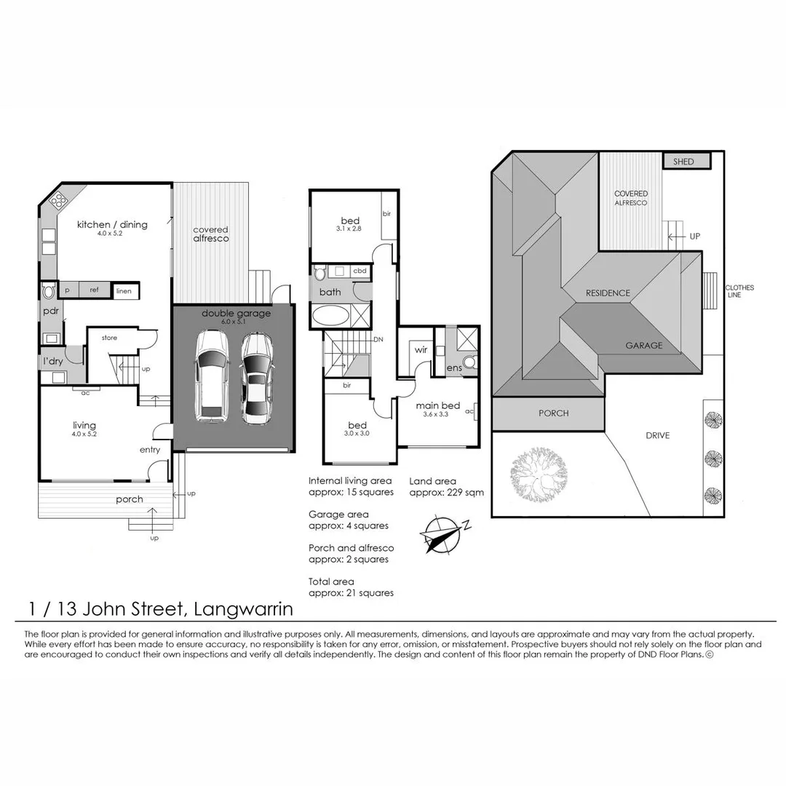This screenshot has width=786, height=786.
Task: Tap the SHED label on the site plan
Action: point(683,162)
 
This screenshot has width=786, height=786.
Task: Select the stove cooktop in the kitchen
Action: point(58,201)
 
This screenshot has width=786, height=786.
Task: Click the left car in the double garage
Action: point(212,376)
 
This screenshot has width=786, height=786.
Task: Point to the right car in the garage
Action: point(257,378)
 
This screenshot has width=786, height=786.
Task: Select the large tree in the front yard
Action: point(539,475)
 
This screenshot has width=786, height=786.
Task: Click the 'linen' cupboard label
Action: point(124,290)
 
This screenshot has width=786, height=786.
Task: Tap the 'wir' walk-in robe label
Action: point(421,349)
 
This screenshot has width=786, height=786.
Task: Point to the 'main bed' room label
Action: point(437,405)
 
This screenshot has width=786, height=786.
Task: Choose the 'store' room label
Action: point(109,338)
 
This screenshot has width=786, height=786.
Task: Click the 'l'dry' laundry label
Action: point(52,361)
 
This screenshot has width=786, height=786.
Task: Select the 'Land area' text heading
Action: point(432,481)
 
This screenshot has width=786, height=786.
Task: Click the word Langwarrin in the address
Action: point(243,609)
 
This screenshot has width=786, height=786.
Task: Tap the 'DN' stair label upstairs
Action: point(378,339)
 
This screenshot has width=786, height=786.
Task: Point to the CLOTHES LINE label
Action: point(739,291)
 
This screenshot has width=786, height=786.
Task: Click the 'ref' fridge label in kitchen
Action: point(94,290)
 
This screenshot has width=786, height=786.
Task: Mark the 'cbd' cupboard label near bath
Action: point(360,271)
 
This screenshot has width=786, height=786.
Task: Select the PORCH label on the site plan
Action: point(553,413)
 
